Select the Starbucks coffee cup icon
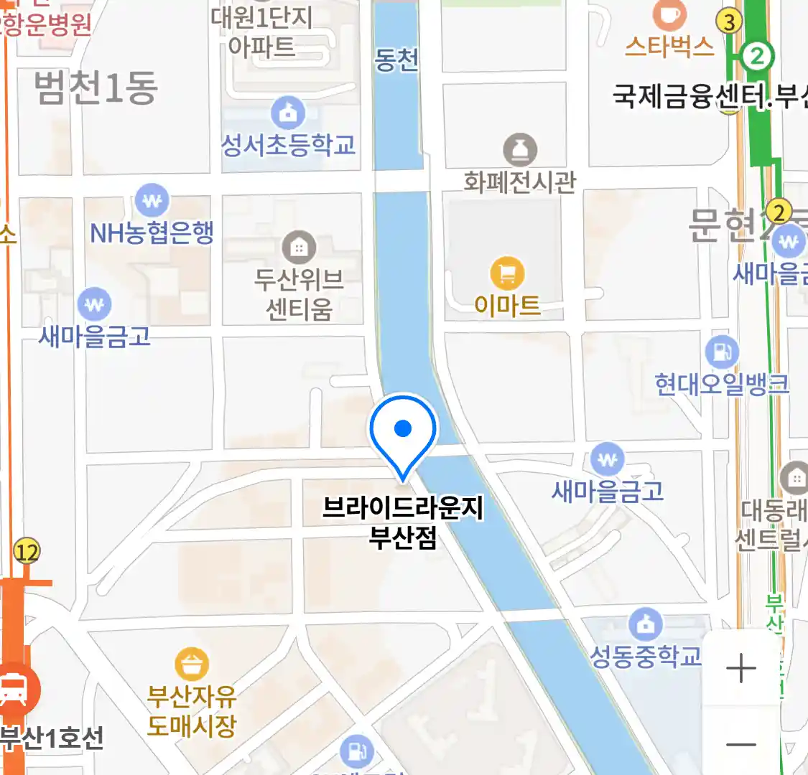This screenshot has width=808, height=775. [x=669, y=14]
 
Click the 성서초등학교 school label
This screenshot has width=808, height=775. [x=288, y=144]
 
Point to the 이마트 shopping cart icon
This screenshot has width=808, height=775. [x=507, y=273]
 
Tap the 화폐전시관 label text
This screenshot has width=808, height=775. [x=519, y=182]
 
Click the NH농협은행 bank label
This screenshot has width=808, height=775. [x=152, y=232]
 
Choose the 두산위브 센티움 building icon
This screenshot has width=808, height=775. [x=299, y=248]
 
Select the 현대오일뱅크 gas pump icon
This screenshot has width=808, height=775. [x=722, y=352]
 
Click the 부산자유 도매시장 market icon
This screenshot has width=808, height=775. [x=191, y=664]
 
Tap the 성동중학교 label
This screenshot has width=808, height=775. [x=645, y=656]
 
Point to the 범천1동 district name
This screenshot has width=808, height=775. [x=96, y=88]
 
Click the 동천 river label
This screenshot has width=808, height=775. [x=396, y=60]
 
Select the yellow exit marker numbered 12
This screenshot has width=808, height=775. [x=27, y=552]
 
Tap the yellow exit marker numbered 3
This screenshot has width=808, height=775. [x=730, y=22]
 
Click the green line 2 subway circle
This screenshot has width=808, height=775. [x=756, y=55]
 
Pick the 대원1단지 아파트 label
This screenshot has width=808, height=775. [x=262, y=32]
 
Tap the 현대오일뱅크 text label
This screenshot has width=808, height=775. [x=722, y=384]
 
